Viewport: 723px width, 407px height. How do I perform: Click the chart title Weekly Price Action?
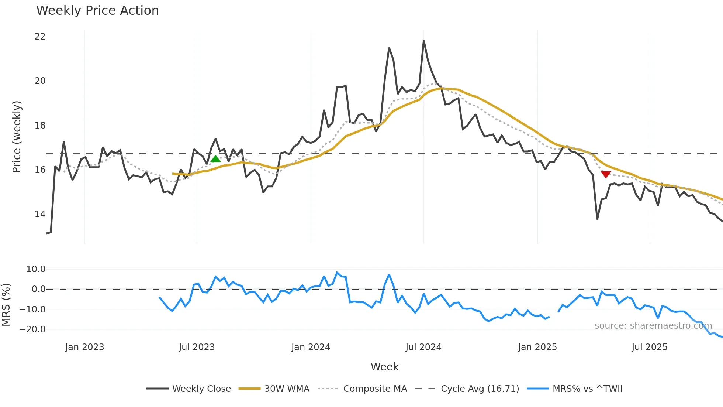click(x=97, y=11)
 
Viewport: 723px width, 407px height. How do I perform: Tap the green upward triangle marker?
click(x=215, y=159)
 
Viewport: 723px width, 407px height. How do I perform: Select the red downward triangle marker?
click(x=606, y=174)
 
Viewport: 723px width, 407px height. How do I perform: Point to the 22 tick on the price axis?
click(x=40, y=37)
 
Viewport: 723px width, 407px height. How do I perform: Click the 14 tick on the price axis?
click(x=40, y=214)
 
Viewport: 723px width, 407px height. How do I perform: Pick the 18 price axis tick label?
click(x=40, y=126)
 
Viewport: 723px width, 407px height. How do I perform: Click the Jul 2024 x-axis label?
click(x=423, y=347)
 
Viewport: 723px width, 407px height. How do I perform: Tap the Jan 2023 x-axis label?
click(x=84, y=347)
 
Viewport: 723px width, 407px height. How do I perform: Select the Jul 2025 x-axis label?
click(x=649, y=347)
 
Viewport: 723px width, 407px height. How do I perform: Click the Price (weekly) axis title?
click(x=17, y=137)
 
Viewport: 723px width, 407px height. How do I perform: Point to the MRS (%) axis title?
click(x=6, y=305)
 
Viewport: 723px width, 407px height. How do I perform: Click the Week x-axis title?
click(x=384, y=367)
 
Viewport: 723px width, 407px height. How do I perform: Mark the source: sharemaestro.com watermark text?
click(x=653, y=326)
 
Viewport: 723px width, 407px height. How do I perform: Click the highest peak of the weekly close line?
click(x=424, y=41)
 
